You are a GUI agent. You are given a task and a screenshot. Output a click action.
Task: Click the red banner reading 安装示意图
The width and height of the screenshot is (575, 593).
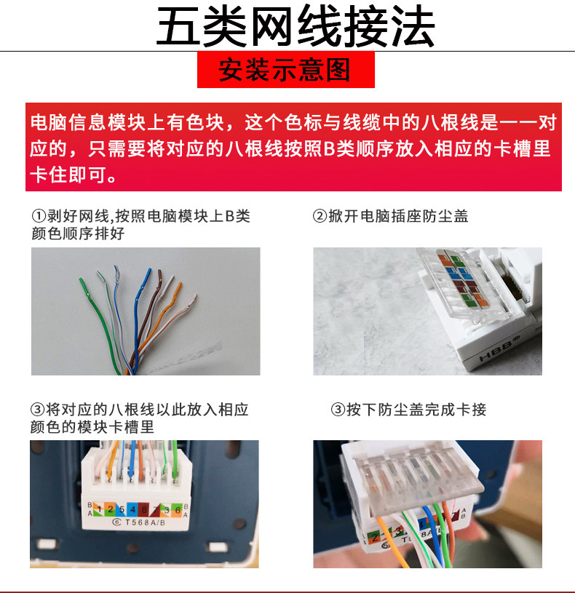pyautogui.click(x=286, y=70)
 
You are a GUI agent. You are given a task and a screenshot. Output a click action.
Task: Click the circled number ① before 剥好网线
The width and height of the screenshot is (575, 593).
pyautogui.click(x=39, y=216)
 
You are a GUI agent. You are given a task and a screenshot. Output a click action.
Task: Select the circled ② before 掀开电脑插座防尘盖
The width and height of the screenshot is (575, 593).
pyautogui.click(x=320, y=216)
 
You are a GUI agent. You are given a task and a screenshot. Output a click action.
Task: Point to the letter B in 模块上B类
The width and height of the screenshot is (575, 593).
pyautogui.click(x=229, y=216)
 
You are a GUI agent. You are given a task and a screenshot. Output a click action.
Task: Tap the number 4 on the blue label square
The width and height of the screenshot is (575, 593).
pyautogui.click(x=132, y=510)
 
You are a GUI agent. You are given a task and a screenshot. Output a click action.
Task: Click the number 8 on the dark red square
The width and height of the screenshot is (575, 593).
pyautogui.click(x=144, y=510)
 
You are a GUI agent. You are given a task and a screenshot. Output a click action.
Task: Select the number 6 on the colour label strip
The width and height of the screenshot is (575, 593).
pyautogui.click(x=178, y=510)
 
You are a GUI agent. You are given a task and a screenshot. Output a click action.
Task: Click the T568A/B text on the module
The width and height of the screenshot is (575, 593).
pyautogui.click(x=146, y=522)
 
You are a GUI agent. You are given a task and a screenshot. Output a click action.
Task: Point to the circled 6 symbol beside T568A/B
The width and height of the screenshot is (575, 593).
pyautogui.click(x=116, y=522)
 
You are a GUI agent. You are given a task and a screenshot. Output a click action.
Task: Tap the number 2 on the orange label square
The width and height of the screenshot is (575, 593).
pyautogui.click(x=111, y=509)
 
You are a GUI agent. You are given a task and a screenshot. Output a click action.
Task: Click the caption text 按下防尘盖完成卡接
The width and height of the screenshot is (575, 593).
pyautogui.click(x=416, y=410)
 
